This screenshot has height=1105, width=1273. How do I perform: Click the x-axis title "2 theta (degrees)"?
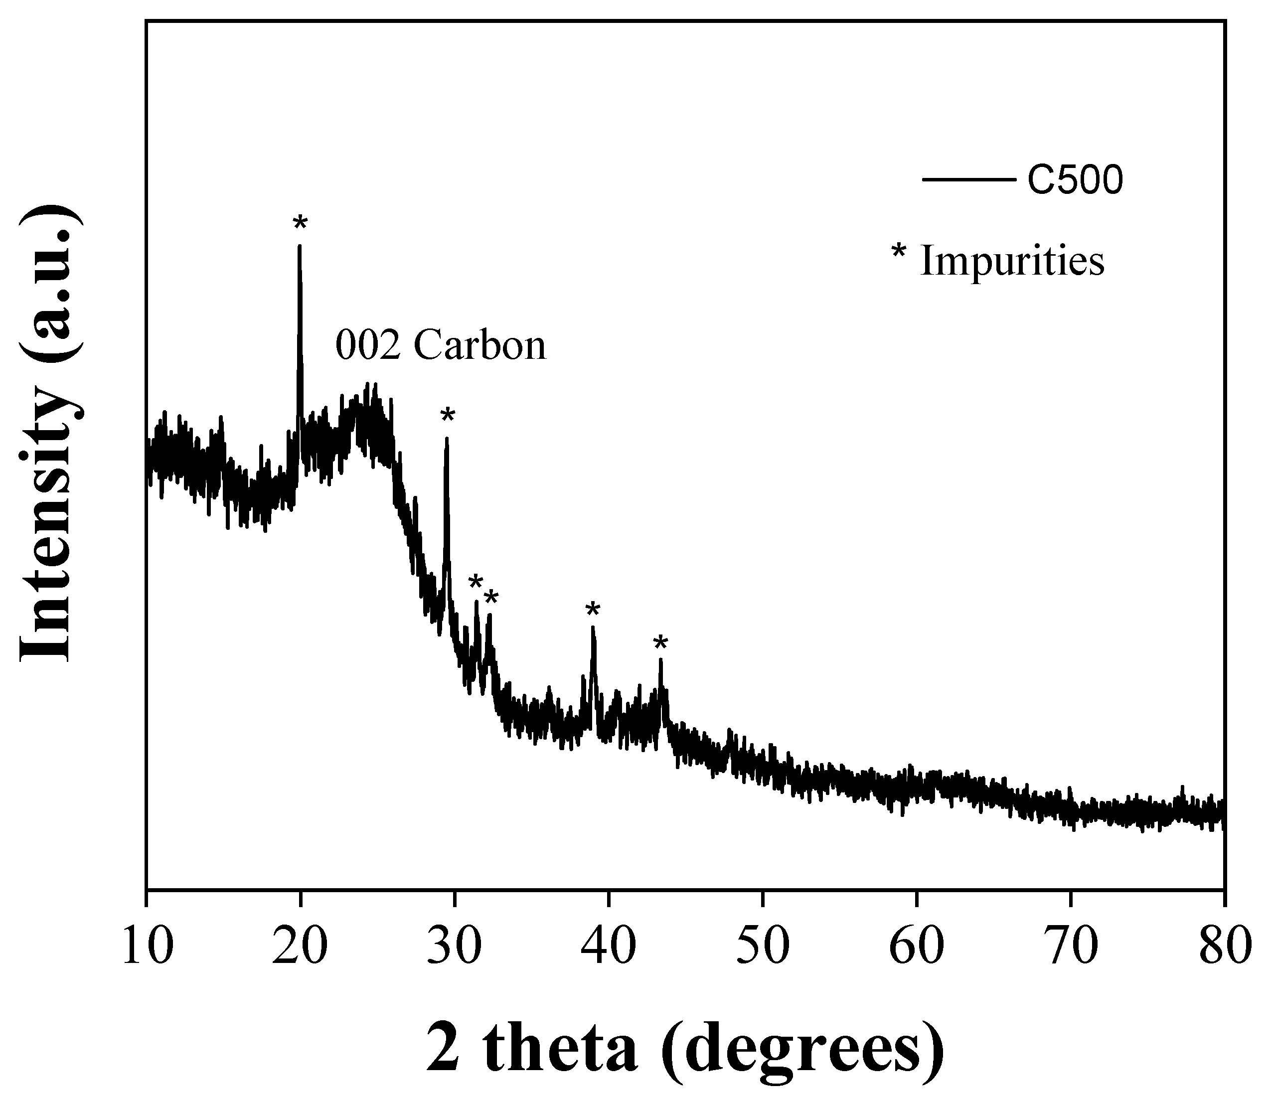[685, 1050]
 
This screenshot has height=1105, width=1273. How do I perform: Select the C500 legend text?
[1075, 180]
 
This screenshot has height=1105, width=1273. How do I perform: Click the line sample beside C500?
[968, 180]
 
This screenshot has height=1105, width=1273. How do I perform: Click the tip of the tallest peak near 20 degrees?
[300, 246]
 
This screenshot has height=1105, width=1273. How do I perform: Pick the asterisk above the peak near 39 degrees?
[593, 610]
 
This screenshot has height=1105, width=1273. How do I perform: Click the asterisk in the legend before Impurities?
[899, 253]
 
